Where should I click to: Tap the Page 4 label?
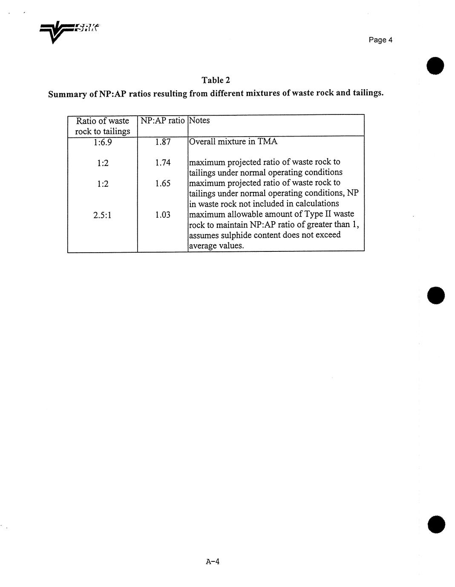(x=380, y=40)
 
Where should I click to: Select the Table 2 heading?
(x=216, y=80)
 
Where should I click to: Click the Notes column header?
(x=199, y=120)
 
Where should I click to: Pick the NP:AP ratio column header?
(x=162, y=120)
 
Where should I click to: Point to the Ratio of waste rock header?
(x=102, y=126)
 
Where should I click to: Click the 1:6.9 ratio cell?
(x=102, y=142)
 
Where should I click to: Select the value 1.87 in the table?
(x=163, y=142)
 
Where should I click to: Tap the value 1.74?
(x=163, y=162)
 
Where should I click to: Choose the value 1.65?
(x=163, y=183)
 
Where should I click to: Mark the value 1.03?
(x=163, y=215)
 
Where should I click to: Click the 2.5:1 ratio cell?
(x=102, y=215)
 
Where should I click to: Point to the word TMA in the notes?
(x=268, y=142)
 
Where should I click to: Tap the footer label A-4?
(x=212, y=561)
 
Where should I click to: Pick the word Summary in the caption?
(x=67, y=94)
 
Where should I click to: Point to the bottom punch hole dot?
(x=436, y=524)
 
